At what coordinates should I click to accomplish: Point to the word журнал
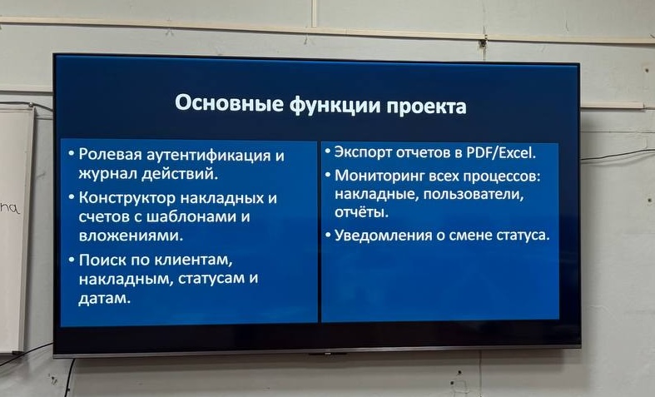[107, 175]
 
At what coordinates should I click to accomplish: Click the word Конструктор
[127, 198]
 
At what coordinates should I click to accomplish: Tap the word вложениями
[129, 236]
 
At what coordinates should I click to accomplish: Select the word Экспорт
[365, 153]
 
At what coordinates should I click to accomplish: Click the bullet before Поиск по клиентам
[72, 259]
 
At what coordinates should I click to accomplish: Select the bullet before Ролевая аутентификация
[72, 155]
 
